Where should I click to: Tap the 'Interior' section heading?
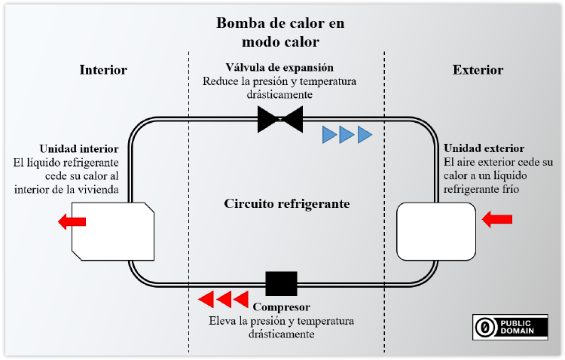coord(103,70)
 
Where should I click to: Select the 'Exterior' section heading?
coord(478,70)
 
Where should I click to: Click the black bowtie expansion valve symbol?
coord(280,119)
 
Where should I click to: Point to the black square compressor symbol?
coord(281,284)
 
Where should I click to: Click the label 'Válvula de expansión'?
coord(279,68)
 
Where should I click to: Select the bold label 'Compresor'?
coord(281,308)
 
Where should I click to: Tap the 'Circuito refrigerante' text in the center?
coord(287,204)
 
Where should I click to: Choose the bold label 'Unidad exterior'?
coord(484,148)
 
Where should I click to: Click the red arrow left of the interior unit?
coord(72,221)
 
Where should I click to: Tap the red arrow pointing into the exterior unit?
coord(497,218)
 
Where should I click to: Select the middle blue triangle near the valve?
coord(347,135)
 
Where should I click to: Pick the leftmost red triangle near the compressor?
coord(206,300)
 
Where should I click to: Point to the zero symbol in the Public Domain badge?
coord(486,325)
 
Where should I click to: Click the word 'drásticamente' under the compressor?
coord(280,334)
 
